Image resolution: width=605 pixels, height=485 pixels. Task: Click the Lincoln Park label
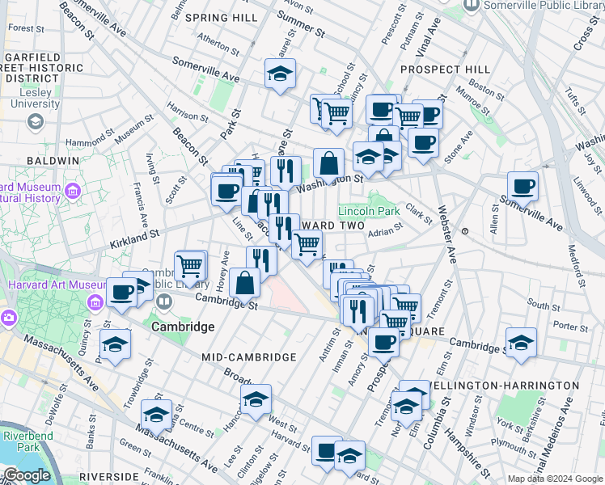(369, 211)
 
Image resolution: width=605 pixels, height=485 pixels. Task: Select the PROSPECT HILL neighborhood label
(441, 70)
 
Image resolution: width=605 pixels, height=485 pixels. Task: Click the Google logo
(26, 475)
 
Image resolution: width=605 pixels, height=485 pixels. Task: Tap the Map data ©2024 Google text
(555, 479)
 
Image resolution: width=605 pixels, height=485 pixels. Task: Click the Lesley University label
(34, 98)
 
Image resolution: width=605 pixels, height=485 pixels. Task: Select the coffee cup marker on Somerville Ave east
(522, 187)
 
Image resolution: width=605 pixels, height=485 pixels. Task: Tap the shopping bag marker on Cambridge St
(244, 284)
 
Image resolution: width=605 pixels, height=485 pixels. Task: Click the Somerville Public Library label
(542, 6)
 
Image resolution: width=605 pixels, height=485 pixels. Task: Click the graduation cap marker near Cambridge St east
(521, 343)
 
